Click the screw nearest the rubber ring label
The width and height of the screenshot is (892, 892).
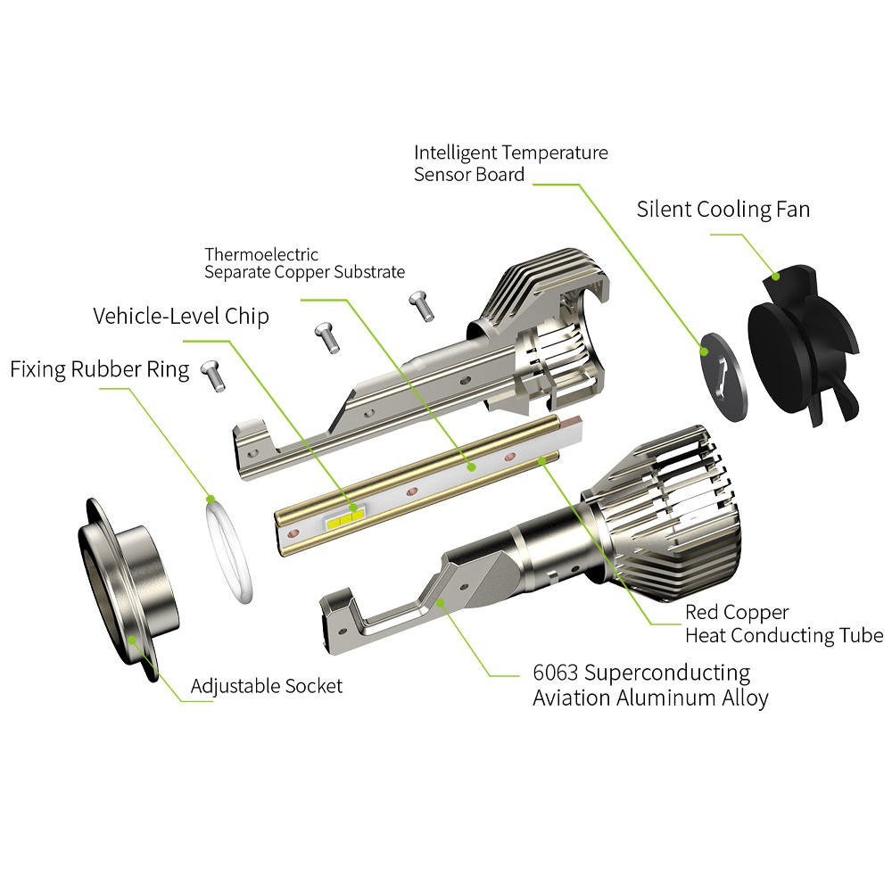tap(212, 374)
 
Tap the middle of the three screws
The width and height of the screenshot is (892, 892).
tap(326, 337)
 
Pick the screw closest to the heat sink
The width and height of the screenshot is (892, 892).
tap(419, 304)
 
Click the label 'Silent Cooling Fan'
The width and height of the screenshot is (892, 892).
tap(723, 210)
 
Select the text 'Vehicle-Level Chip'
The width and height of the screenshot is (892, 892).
tap(181, 317)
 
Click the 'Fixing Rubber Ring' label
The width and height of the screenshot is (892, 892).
tap(99, 369)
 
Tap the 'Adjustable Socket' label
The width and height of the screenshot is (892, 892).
tap(266, 686)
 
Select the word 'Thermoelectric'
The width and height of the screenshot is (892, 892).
tap(261, 255)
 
